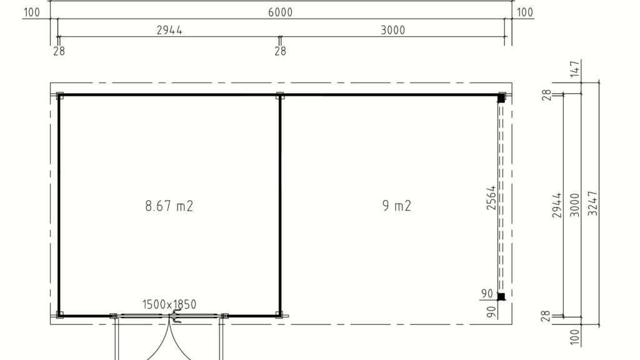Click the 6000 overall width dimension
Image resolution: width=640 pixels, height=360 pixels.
280,12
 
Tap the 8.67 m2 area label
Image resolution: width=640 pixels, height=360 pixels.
169,206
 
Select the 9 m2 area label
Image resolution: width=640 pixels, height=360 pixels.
397,205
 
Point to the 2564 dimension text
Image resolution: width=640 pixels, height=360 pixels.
491,198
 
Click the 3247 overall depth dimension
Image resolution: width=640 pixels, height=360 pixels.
592,203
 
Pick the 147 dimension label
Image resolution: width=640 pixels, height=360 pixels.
575,69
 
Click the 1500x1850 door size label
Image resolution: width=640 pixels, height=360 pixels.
169,304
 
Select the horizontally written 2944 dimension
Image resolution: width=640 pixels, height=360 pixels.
169,30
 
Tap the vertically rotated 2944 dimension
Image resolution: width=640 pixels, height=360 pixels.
557,205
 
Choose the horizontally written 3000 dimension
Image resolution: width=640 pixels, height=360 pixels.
392,30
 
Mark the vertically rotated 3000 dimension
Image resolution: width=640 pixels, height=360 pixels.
575,205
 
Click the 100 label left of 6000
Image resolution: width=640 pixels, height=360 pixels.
32,12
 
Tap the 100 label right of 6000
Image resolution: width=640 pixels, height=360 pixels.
525,12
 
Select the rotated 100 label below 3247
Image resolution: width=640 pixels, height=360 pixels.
575,337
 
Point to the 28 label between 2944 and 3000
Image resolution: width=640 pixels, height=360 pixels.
280,51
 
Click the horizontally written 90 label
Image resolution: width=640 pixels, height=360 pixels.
487,294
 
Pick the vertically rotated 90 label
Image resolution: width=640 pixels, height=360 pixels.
492,312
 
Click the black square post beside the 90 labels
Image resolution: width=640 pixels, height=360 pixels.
501,297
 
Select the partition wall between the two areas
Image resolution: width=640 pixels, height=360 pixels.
280,205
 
